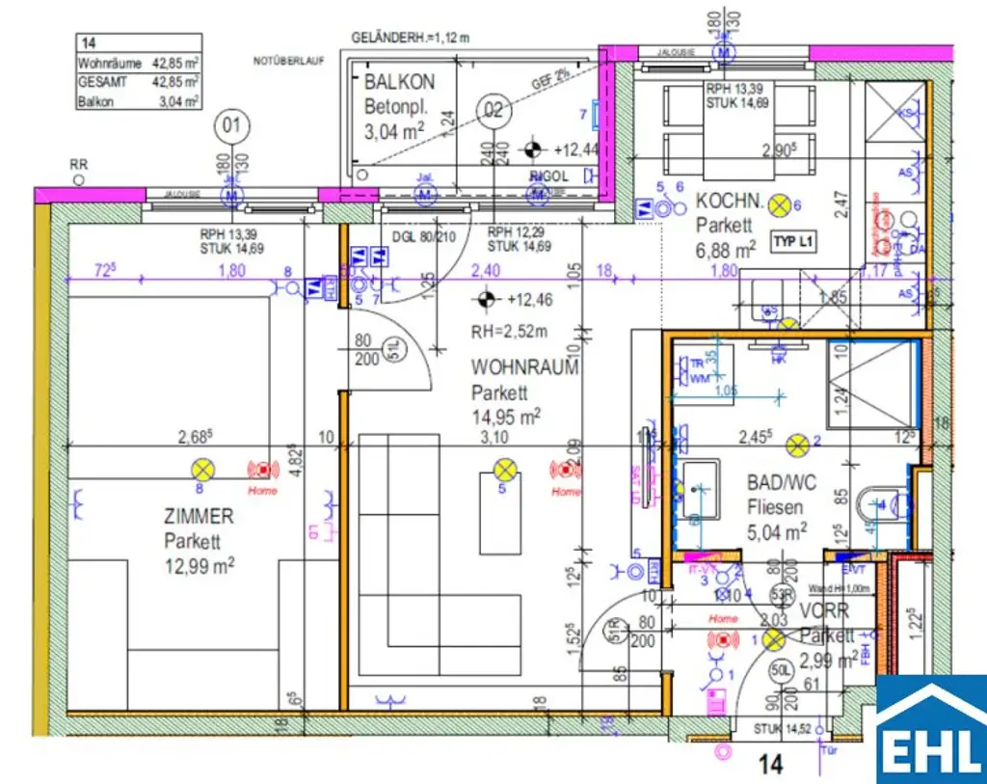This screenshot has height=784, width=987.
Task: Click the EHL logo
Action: point(931,730)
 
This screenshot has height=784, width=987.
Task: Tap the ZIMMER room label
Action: point(198,518)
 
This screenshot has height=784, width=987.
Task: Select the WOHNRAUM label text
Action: point(524,367)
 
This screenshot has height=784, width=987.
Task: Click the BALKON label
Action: point(400,82)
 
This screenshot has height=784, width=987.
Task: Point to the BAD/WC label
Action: point(781,481)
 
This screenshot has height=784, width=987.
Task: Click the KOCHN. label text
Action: point(730,203)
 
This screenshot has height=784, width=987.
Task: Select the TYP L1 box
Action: point(792,243)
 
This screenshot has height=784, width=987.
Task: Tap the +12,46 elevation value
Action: point(527,300)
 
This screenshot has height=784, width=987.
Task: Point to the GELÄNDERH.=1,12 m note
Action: point(411,38)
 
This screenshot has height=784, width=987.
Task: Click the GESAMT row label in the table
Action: point(96,83)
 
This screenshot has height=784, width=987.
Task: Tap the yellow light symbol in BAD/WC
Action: point(797,445)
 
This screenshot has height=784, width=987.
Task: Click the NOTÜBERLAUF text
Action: point(287,60)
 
